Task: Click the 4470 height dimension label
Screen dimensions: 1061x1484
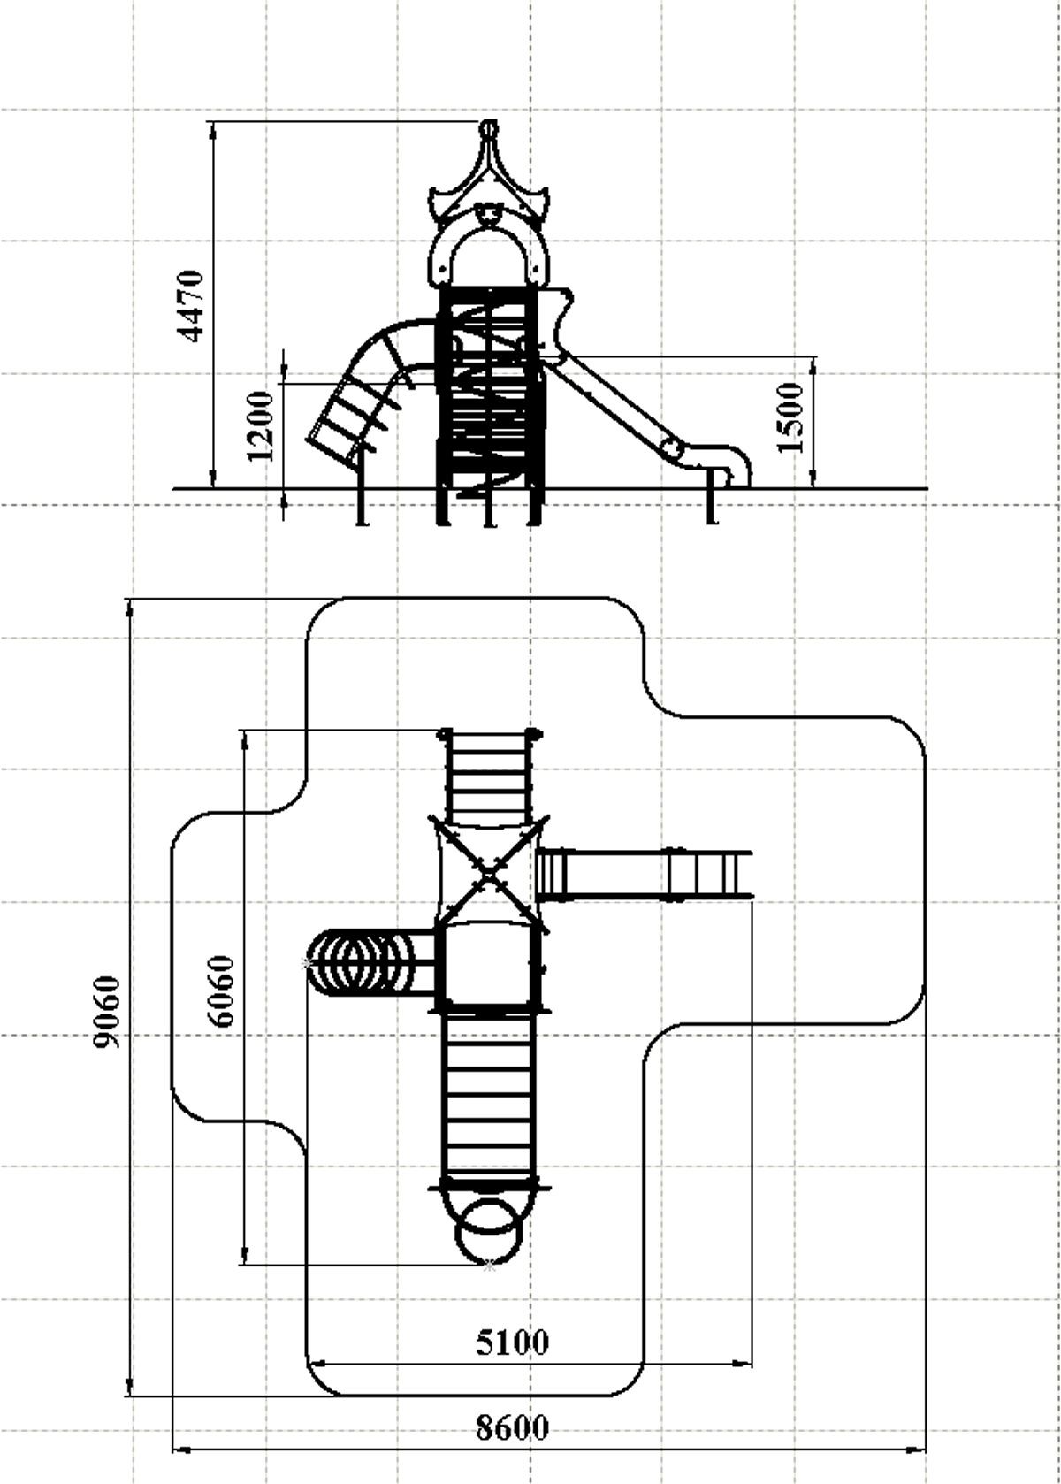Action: (x=192, y=305)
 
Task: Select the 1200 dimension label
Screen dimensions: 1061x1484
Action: (x=259, y=425)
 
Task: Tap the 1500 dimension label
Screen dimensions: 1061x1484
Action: (x=790, y=417)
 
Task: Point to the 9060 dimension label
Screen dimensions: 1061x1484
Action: (x=107, y=1012)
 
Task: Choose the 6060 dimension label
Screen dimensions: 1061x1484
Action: (x=221, y=991)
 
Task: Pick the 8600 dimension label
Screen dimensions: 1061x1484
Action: (x=513, y=1422)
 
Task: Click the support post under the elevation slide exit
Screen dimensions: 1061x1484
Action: (x=712, y=497)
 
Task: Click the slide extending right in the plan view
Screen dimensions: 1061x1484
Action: (x=645, y=875)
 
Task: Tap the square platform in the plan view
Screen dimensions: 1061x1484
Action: (x=488, y=965)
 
